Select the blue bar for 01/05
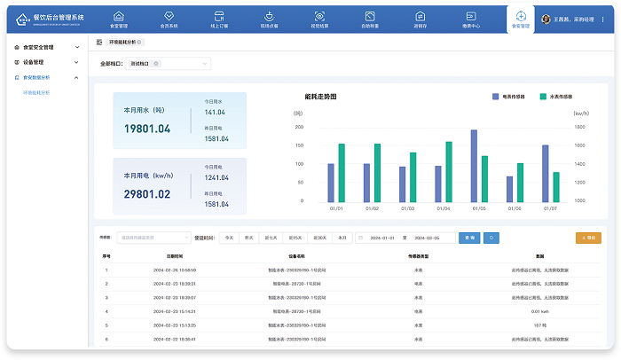[474, 167]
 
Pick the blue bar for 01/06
[509, 189]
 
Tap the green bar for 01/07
[556, 187]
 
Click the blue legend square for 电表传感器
[496, 96]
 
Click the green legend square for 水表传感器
[543, 96]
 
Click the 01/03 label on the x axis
[407, 209]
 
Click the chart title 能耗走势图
[320, 96]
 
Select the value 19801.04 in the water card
[147, 129]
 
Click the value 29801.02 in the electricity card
[147, 194]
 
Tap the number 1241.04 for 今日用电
[216, 177]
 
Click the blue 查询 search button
[470, 238]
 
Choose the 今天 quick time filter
[229, 238]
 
